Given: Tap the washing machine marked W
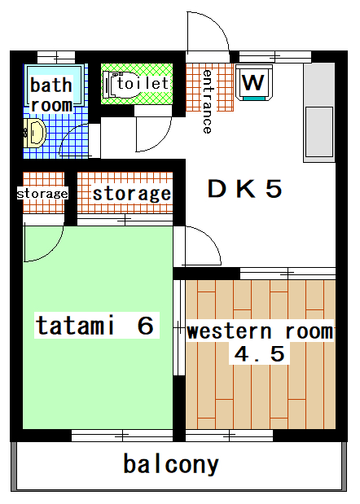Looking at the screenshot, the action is tap(254, 82).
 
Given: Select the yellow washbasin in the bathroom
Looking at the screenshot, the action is tap(35, 133).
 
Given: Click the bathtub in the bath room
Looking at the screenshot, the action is tap(55, 85).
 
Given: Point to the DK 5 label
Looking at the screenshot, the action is tap(244, 189).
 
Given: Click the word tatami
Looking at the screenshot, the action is tap(75, 326).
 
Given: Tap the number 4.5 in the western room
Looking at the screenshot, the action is tap(259, 354).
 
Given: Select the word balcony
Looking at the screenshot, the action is tap(171, 464).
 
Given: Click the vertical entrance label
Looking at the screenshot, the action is tap(208, 101).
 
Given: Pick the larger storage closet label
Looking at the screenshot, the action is tap(132, 194).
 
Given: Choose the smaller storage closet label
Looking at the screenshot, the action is tap(42, 194).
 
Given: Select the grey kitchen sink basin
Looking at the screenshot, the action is tap(318, 132).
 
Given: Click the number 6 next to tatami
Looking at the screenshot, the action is tap(145, 326).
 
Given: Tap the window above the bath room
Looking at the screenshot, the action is tap(56, 58).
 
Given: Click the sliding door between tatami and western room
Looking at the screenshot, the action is tap(179, 328).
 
